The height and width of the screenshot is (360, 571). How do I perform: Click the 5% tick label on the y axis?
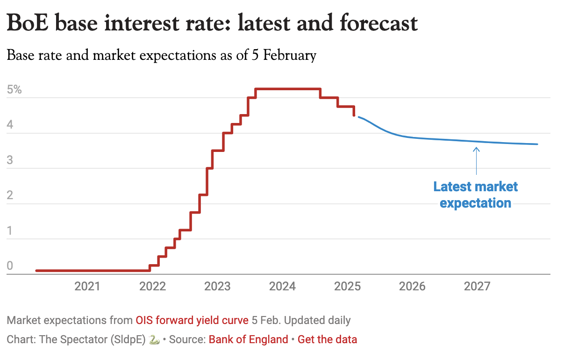click(x=14, y=89)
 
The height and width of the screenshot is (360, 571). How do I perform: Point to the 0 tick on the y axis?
click(x=10, y=266)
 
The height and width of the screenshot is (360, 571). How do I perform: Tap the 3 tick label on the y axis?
click(x=10, y=160)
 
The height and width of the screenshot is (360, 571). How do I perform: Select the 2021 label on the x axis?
click(x=87, y=286)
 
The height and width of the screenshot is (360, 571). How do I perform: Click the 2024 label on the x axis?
click(x=282, y=286)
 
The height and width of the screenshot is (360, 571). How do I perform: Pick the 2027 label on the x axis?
click(x=477, y=286)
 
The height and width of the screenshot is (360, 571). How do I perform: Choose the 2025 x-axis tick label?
click(x=347, y=286)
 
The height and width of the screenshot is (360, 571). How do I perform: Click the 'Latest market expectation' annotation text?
click(x=476, y=195)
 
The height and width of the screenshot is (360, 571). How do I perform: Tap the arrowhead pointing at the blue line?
click(x=476, y=149)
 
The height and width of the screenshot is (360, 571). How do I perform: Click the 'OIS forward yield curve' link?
click(x=192, y=321)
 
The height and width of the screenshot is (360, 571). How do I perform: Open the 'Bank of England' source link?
click(x=248, y=339)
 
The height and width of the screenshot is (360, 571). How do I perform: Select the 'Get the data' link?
click(x=327, y=339)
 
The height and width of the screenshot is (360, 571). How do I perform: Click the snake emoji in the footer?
click(x=154, y=340)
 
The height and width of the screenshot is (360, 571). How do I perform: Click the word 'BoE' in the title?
click(x=29, y=23)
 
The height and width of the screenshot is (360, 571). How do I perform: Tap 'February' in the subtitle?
click(x=290, y=56)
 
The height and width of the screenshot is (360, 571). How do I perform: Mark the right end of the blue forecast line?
click(x=537, y=144)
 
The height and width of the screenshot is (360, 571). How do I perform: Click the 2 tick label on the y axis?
click(x=10, y=195)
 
